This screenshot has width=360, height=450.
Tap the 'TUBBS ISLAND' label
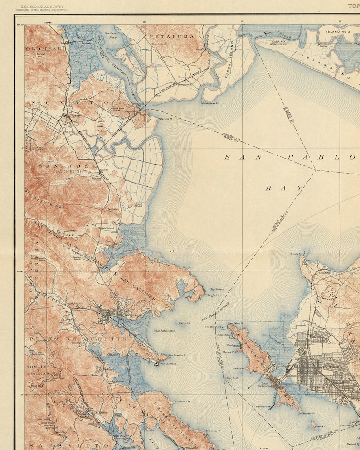coord(229,66)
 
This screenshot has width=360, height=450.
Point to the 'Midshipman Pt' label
coord(211,103)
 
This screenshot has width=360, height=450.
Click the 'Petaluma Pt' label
coord(166,119)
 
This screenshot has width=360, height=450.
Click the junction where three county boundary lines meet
coord(316,170)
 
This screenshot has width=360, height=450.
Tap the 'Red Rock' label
coord(232,378)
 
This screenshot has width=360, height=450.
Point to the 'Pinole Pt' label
coord(295,254)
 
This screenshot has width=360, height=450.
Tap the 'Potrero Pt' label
coord(309,414)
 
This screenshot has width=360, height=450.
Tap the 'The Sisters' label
coord(216,289)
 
